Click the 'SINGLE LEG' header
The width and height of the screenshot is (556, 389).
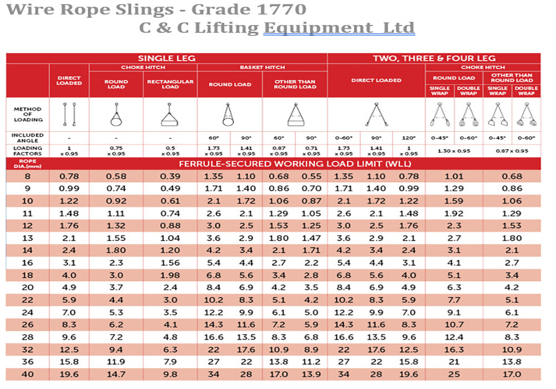(167, 58)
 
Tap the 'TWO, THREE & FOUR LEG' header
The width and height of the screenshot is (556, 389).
(434, 58)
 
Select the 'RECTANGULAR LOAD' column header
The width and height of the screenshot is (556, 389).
(170, 84)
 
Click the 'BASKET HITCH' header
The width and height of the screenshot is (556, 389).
(262, 68)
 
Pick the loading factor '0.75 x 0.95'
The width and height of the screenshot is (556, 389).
(116, 151)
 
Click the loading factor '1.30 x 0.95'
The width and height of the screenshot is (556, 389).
(454, 151)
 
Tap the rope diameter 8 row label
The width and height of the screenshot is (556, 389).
(27, 177)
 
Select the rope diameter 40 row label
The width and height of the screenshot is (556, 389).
(27, 374)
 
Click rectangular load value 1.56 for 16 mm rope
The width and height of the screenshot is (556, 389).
(170, 263)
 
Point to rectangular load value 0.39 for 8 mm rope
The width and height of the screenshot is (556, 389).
(170, 177)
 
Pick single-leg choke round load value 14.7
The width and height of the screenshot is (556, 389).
(116, 374)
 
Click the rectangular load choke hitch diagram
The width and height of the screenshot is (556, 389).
(170, 115)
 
